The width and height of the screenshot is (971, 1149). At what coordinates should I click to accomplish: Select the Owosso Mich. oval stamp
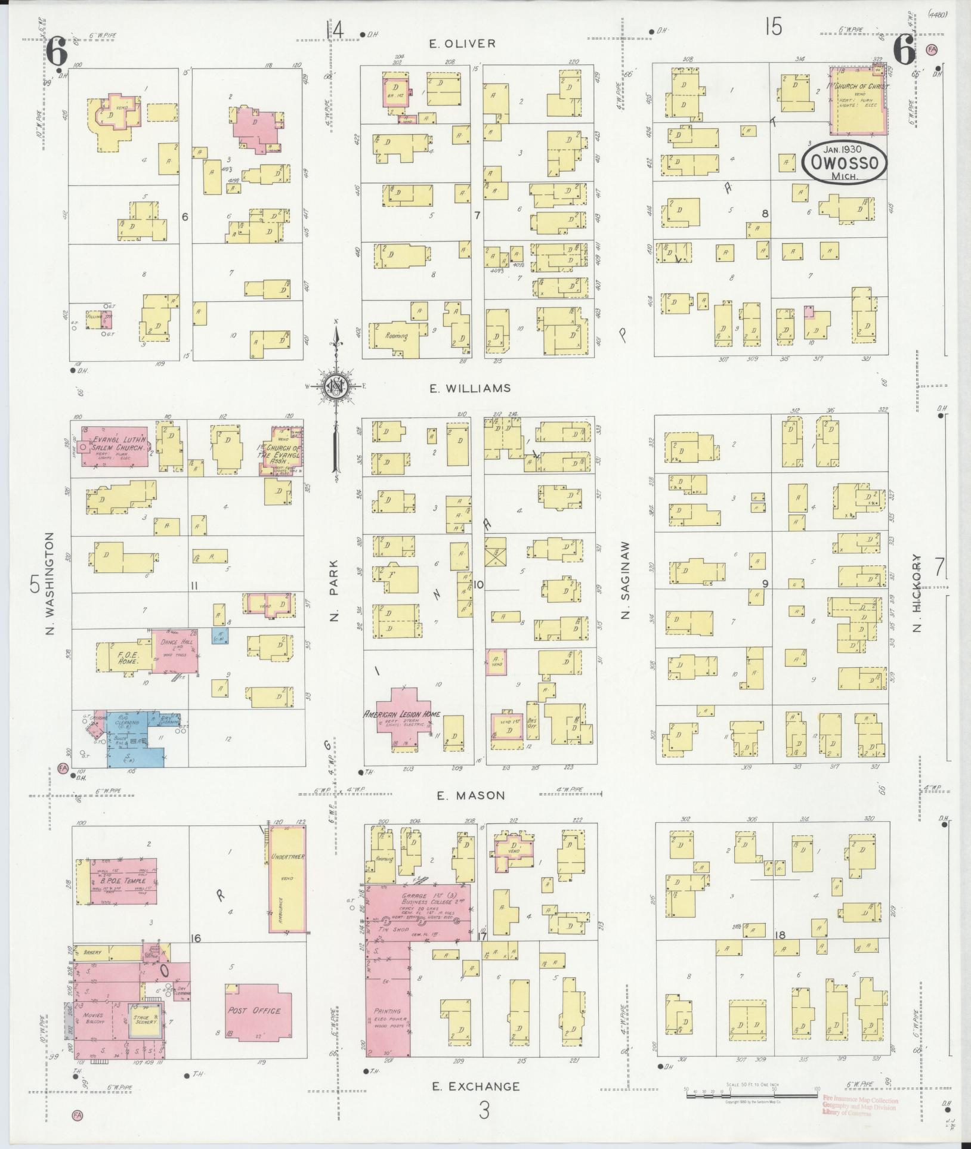coord(843,163)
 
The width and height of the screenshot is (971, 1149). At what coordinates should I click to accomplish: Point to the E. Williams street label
coord(471,388)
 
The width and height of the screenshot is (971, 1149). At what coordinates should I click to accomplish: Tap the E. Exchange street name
coord(476,1086)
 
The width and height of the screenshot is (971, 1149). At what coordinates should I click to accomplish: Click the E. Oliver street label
coord(462,43)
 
